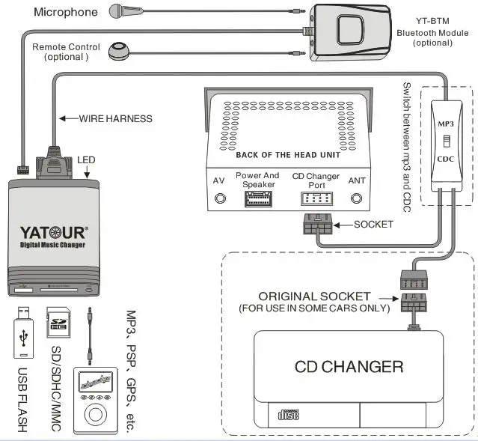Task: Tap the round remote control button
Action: (118, 51)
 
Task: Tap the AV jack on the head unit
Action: (219, 198)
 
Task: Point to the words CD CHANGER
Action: (349, 367)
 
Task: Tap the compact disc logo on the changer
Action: (289, 414)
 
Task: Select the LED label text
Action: (86, 159)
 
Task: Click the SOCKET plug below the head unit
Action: (316, 227)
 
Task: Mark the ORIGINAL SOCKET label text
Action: (313, 296)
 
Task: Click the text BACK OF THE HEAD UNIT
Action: (288, 155)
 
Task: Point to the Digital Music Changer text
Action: (52, 246)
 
